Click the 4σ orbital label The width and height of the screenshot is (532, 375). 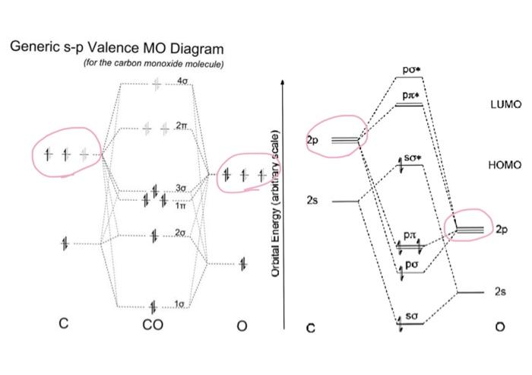pyautogui.click(x=182, y=81)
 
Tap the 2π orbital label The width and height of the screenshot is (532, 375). pyautogui.click(x=181, y=126)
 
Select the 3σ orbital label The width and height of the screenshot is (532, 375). pyautogui.click(x=181, y=188)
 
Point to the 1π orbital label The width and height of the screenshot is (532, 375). pyautogui.click(x=181, y=205)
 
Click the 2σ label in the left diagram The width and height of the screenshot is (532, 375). pyautogui.click(x=181, y=233)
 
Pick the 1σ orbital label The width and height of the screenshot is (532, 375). pyautogui.click(x=179, y=304)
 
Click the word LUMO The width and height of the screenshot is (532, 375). pyautogui.click(x=506, y=104)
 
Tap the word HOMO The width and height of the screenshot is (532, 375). pyautogui.click(x=505, y=165)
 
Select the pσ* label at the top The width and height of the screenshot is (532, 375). pyautogui.click(x=412, y=69)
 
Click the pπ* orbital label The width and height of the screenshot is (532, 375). pyautogui.click(x=412, y=95)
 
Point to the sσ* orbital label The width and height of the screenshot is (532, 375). pyautogui.click(x=413, y=158)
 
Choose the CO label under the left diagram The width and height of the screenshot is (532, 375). pyautogui.click(x=153, y=325)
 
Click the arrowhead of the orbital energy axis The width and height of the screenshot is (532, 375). pyautogui.click(x=283, y=82)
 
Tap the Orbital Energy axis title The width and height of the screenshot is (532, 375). pyautogui.click(x=276, y=204)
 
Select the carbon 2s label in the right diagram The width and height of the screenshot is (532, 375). pyautogui.click(x=312, y=200)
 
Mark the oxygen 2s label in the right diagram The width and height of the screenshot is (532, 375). pyautogui.click(x=500, y=291)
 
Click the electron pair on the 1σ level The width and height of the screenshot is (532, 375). pyautogui.click(x=153, y=307)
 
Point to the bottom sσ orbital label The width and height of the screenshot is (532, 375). pyautogui.click(x=411, y=316)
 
